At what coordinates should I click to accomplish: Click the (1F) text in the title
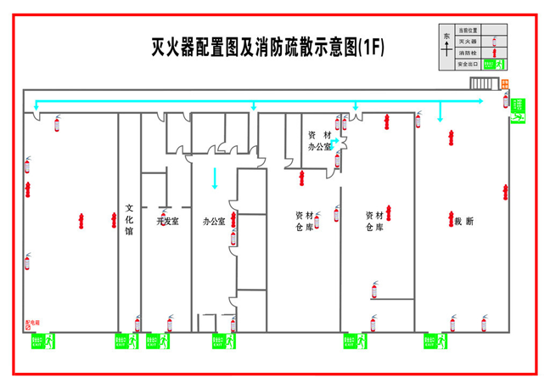coord(370,48)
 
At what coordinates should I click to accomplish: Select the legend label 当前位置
coord(469,29)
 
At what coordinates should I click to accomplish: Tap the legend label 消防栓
coord(469,53)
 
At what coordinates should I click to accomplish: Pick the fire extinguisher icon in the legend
coord(496,41)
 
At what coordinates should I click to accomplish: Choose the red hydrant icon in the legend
coord(496,53)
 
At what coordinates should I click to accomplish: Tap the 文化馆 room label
coord(129,218)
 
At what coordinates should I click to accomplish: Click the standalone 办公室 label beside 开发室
coord(213,222)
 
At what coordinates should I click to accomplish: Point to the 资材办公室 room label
coord(320,141)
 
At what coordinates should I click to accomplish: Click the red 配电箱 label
coord(33,324)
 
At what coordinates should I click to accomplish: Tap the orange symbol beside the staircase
coord(504,83)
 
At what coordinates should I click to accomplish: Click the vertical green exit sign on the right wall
coord(517,112)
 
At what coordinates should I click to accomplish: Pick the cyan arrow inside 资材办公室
coord(334,140)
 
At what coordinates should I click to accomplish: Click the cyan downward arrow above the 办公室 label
coord(215,178)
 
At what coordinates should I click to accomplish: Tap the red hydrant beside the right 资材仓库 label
coord(391,210)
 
